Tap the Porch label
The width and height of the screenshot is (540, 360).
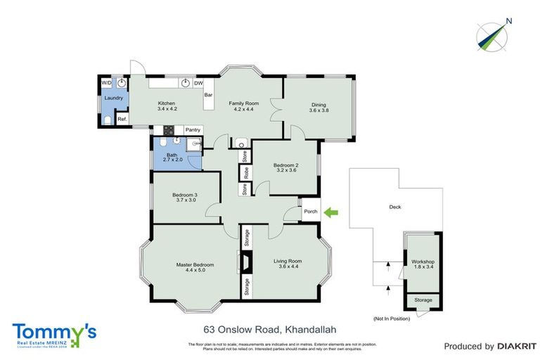pyautogui.click(x=311, y=211)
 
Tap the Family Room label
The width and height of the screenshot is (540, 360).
pyautogui.click(x=244, y=103)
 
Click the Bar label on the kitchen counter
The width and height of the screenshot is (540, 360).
pyautogui.click(x=208, y=94)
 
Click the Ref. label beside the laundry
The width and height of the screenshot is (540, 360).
pyautogui.click(x=122, y=119)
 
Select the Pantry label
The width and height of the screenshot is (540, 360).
pyautogui.click(x=193, y=130)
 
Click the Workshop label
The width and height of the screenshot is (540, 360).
pyautogui.click(x=423, y=262)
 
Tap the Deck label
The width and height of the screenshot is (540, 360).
pyautogui.click(x=394, y=207)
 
